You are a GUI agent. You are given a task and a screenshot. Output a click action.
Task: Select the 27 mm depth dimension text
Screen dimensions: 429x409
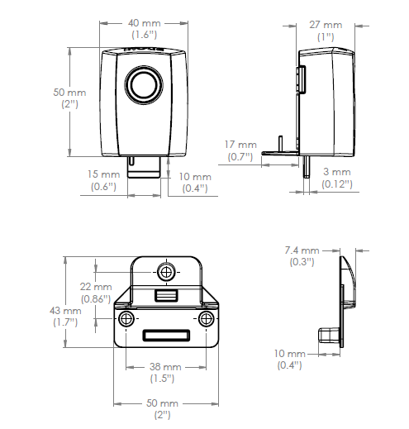(x=326, y=26)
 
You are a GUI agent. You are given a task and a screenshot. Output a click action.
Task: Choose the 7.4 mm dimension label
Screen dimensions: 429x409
(x=301, y=250)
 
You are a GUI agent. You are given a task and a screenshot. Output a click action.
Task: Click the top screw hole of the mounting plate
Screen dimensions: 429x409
(x=167, y=272)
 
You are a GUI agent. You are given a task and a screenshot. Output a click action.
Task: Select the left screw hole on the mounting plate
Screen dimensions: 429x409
(x=126, y=318)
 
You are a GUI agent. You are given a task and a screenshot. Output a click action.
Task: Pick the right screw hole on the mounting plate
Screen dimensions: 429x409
(x=206, y=318)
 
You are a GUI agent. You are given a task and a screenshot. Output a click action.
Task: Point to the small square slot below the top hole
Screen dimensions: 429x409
(x=166, y=295)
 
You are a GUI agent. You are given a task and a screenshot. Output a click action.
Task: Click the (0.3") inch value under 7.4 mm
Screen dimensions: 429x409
(x=301, y=262)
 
